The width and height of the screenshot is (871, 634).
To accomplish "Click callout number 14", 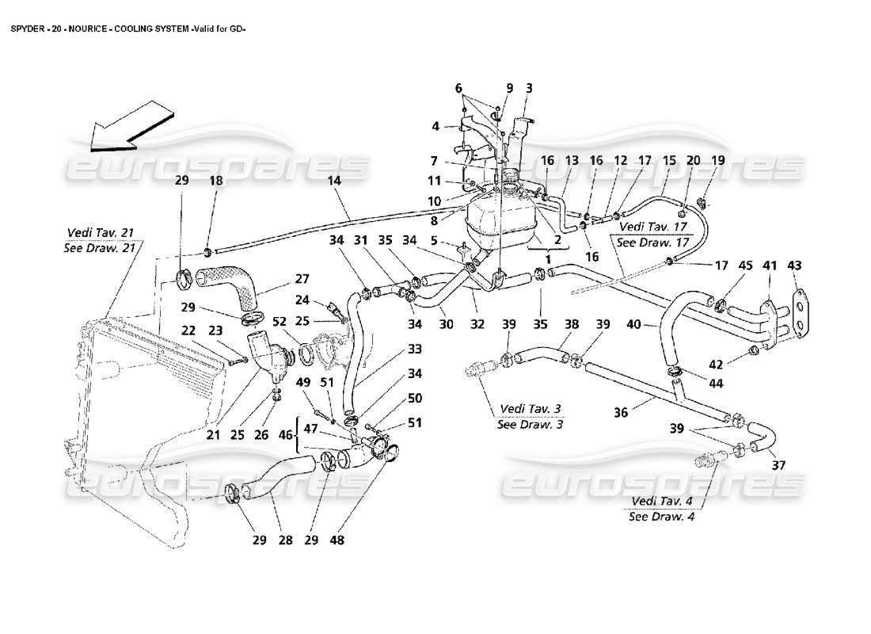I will coord(334,181).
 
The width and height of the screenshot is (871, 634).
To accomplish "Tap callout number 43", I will coord(795,265).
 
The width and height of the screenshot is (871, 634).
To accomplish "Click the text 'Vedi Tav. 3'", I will coord(530,409).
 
